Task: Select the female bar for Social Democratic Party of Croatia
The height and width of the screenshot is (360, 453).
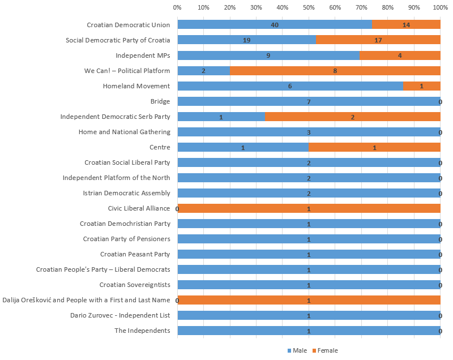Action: click(378, 40)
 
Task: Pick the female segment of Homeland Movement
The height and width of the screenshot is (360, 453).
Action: click(422, 86)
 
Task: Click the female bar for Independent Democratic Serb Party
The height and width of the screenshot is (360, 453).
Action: click(353, 117)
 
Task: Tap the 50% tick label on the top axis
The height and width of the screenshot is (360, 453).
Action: click(309, 7)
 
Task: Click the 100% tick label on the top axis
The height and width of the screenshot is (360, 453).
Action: click(439, 7)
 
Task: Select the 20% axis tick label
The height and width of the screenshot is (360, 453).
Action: click(230, 7)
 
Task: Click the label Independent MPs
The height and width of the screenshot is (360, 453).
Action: click(143, 55)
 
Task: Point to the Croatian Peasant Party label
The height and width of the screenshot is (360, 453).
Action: click(135, 254)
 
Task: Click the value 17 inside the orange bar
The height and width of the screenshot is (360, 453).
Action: click(378, 40)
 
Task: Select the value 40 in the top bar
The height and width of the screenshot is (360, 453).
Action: click(275, 25)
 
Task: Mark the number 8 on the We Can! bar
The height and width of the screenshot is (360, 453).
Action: click(335, 71)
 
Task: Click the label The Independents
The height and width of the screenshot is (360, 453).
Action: click(142, 331)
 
